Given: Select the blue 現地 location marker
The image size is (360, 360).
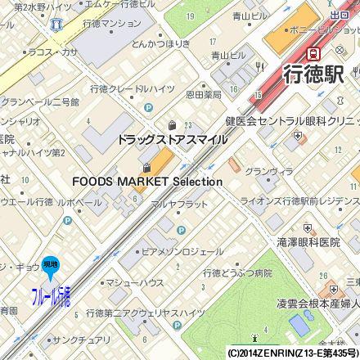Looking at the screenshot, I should pos(50,263).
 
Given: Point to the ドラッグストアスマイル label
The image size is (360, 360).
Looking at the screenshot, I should pos(172,140).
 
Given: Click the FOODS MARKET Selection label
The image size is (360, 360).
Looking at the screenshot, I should pos(147,181).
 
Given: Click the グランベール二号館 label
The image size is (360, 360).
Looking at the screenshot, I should pos(39,102).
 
